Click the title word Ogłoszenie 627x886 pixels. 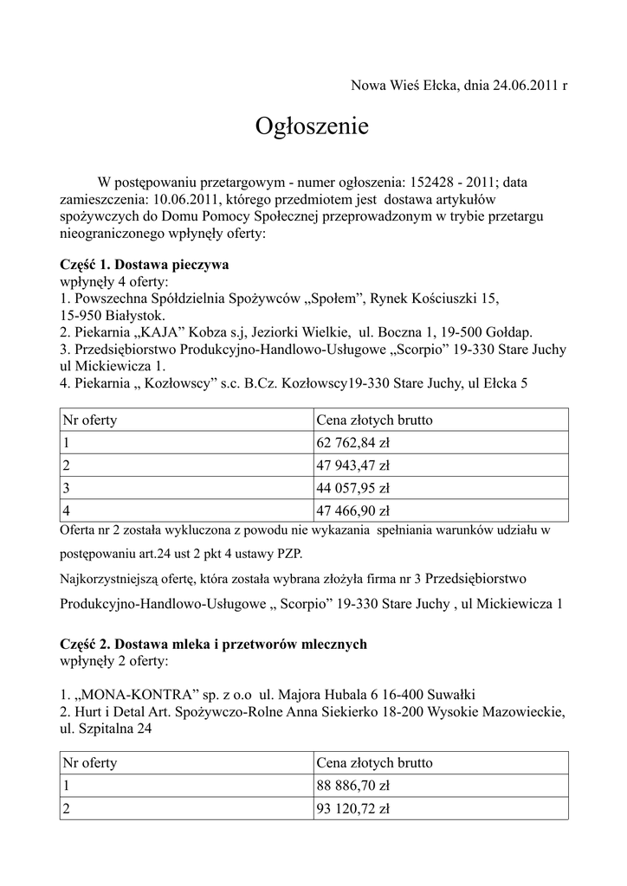click(x=312, y=127)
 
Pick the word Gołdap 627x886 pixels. click(x=511, y=332)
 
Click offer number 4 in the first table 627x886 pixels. click(x=66, y=510)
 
